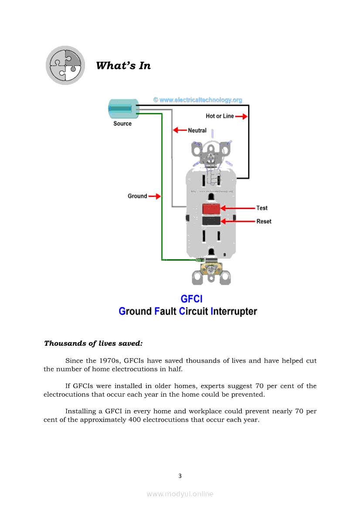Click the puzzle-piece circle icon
pyautogui.click(x=65, y=65)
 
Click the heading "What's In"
pyautogui.click(x=123, y=66)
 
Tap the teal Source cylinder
pyautogui.click(x=121, y=108)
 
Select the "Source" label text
pyautogui.click(x=122, y=124)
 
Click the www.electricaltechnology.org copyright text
pyautogui.click(x=197, y=100)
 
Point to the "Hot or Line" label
pyautogui.click(x=220, y=116)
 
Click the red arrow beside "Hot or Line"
pyautogui.click(x=242, y=116)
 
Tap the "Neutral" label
pyautogui.click(x=197, y=130)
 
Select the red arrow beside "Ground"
pyautogui.click(x=155, y=196)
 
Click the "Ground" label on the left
pyautogui.click(x=137, y=196)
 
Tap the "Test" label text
pyautogui.click(x=262, y=208)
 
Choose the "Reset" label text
pyautogui.click(x=264, y=221)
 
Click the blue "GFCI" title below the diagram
pyautogui.click(x=191, y=299)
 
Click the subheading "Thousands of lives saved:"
pyautogui.click(x=93, y=344)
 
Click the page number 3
pyautogui.click(x=180, y=476)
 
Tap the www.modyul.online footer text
pyautogui.click(x=180, y=494)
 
